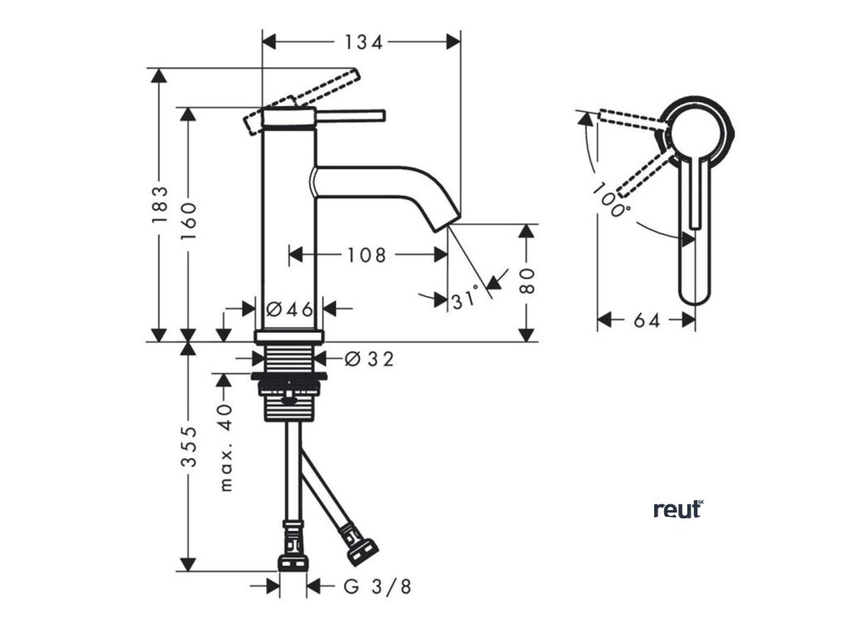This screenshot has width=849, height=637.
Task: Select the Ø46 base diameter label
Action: (290, 309)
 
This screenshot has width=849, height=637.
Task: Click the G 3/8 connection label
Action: (377, 586)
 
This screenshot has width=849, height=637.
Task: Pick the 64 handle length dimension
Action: (647, 320)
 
